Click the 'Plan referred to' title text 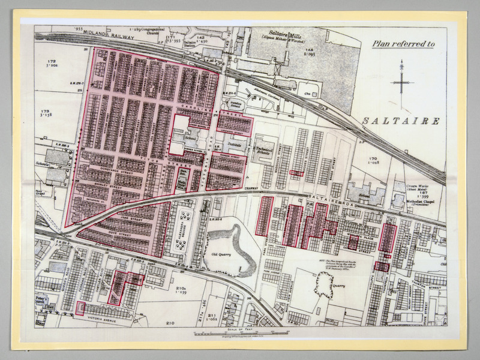403,43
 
